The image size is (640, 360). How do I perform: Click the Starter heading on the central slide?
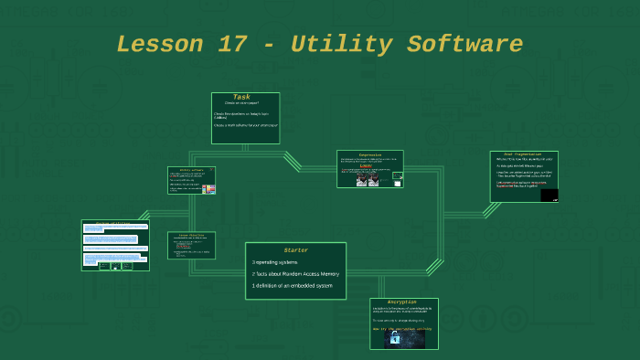pos(295,249)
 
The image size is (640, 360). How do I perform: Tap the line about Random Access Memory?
pos(295,274)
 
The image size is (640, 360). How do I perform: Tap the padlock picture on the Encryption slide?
pos(395,338)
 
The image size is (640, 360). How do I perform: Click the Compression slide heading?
pos(369,154)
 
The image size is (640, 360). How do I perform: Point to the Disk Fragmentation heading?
pos(523,154)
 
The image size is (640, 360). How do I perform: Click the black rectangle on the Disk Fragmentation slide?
pos(549,195)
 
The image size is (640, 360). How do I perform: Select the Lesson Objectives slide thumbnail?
pos(191,245)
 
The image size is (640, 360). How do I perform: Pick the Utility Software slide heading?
pos(191,170)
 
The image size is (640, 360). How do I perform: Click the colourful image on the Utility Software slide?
pos(209,188)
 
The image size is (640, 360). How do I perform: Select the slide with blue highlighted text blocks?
pos(115,245)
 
